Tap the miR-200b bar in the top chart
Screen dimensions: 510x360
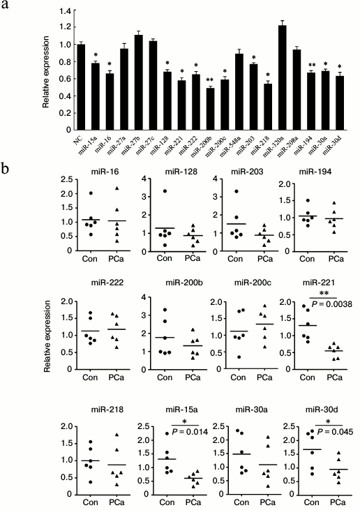click(209, 108)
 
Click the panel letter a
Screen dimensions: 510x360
click(6, 7)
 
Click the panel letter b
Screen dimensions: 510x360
click(6, 169)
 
